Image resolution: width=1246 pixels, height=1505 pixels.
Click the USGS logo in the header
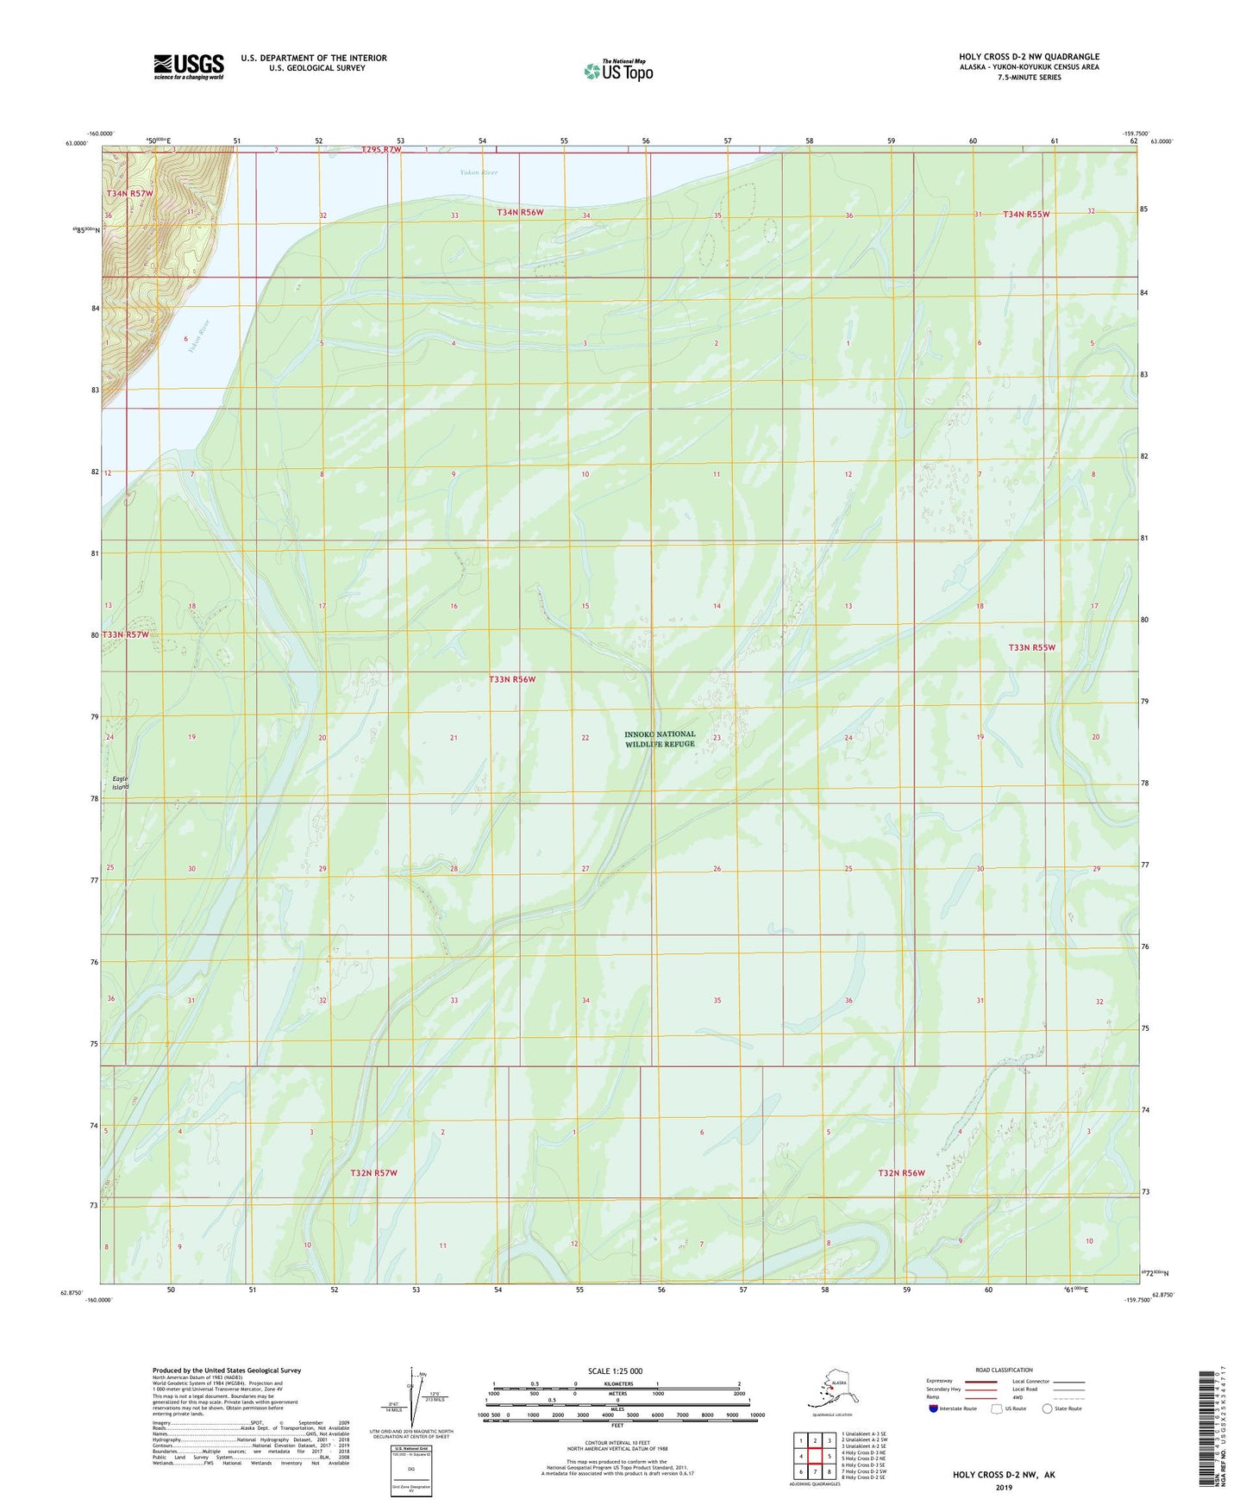tap(188, 66)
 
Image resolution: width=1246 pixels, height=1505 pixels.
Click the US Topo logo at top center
tap(617, 71)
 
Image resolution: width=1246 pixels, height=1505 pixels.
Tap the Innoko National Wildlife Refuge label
tap(660, 739)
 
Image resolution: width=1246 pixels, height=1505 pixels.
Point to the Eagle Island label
tap(120, 783)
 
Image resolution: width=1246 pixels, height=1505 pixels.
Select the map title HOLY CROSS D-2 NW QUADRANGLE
tap(1029, 57)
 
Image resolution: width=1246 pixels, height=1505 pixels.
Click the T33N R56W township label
tap(512, 679)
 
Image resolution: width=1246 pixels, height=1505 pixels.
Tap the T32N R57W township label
tap(373, 1173)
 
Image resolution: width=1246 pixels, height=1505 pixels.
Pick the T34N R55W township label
tap(1025, 214)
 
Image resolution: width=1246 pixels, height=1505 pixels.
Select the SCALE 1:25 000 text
tap(615, 1371)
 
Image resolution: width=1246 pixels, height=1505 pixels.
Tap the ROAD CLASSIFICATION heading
tap(1004, 1370)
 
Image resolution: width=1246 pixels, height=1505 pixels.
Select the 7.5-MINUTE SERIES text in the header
tap(1029, 78)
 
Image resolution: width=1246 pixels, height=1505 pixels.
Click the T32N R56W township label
tap(901, 1173)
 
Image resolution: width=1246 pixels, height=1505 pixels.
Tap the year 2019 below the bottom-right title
tap(1003, 1487)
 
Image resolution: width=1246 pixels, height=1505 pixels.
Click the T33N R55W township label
tap(1031, 647)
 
